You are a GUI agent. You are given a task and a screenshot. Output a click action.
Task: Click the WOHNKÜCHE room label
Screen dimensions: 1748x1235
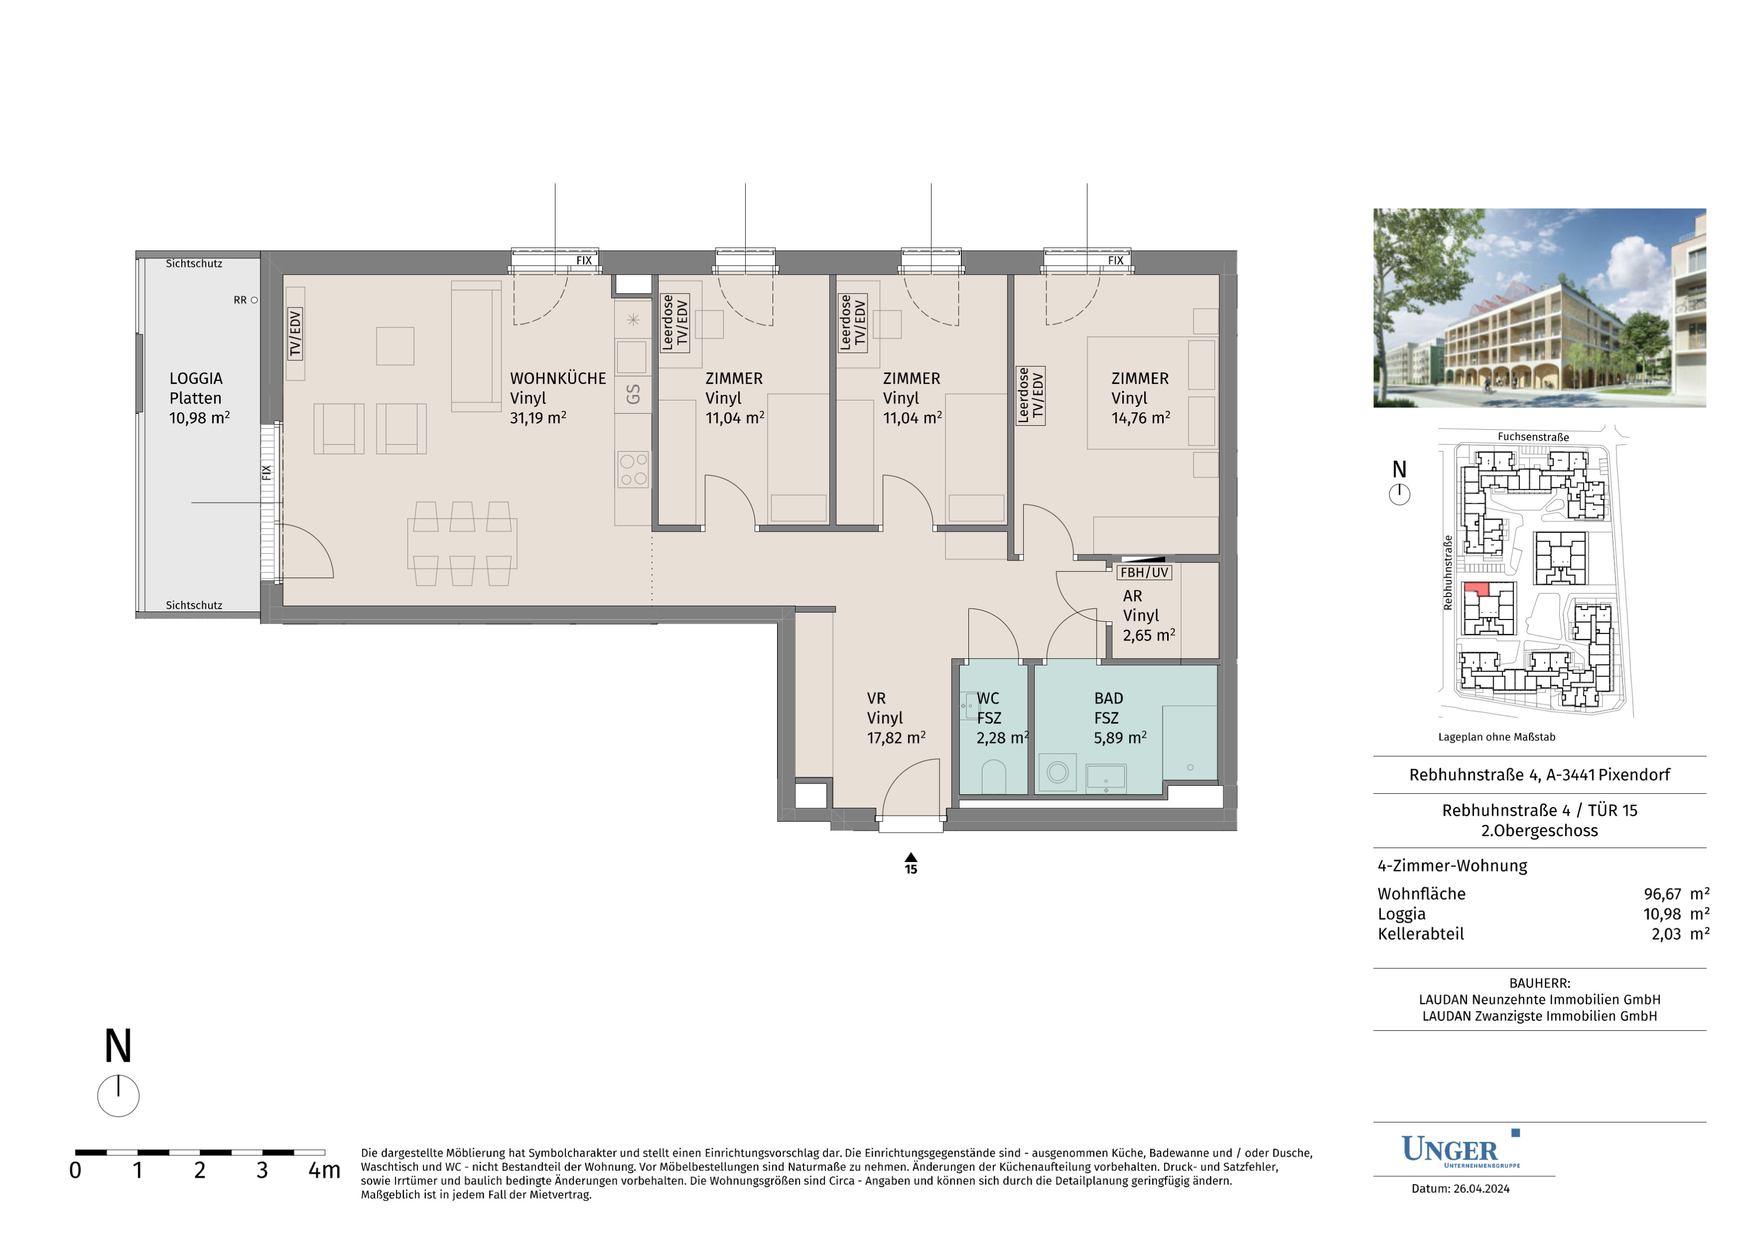557,378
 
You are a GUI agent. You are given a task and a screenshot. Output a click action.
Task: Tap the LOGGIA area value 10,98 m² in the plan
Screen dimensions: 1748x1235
199,418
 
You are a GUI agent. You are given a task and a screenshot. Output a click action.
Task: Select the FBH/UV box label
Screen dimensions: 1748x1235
1144,572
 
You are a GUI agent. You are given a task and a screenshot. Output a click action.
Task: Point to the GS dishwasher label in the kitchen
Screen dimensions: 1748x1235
633,394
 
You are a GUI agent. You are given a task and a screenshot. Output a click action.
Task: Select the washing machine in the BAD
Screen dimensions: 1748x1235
1057,772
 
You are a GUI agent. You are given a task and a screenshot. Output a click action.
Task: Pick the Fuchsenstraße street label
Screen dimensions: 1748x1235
1533,437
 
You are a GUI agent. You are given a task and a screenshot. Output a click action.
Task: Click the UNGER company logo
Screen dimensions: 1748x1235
1460,1149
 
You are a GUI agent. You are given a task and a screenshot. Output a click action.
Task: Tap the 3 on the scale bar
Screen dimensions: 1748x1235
262,1170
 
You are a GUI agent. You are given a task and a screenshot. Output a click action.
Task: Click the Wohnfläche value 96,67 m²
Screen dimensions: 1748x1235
1676,894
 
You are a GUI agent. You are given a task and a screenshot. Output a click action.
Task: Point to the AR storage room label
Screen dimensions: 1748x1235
1132,596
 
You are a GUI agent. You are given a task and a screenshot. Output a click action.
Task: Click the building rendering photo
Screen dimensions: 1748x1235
1539,308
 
